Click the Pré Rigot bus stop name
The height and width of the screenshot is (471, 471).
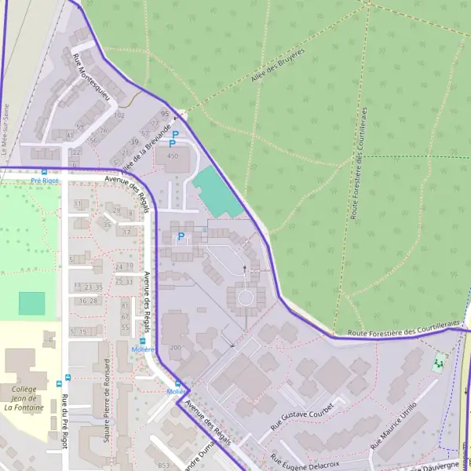click(x=45, y=180)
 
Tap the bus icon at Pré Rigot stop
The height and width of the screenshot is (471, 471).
click(x=44, y=172)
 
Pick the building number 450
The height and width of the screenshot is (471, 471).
click(x=173, y=156)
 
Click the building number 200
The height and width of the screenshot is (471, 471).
click(x=175, y=347)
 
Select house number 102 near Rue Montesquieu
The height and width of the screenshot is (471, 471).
click(x=119, y=115)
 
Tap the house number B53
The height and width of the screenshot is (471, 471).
click(x=163, y=466)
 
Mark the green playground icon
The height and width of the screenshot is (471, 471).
click(x=438, y=363)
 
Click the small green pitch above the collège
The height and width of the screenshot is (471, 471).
click(x=32, y=303)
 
